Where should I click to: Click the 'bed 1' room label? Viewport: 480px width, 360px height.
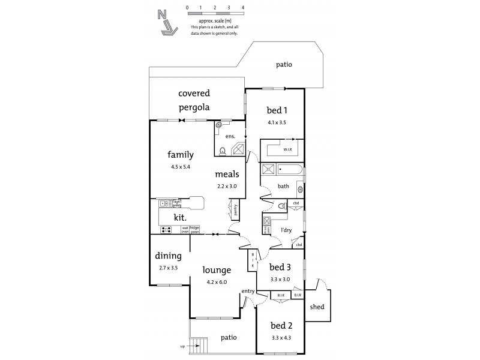click(277, 110)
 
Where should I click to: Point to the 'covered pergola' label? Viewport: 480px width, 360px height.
click(194, 100)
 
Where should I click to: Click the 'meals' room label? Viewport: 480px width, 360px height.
click(227, 174)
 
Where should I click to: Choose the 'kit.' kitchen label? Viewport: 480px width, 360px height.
click(180, 217)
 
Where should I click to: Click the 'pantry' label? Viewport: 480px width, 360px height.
click(235, 211)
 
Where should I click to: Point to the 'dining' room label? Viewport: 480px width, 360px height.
click(168, 255)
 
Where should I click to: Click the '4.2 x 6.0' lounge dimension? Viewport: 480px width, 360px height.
click(216, 281)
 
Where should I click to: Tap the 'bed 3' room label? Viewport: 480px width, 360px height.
click(280, 267)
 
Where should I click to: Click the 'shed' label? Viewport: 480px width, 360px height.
click(317, 307)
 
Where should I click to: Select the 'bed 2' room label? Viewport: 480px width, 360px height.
click(281, 326)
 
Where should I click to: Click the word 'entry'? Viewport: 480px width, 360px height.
click(248, 292)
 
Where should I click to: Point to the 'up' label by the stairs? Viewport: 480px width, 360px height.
click(182, 346)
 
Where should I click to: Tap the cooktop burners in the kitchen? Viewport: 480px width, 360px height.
click(167, 229)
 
